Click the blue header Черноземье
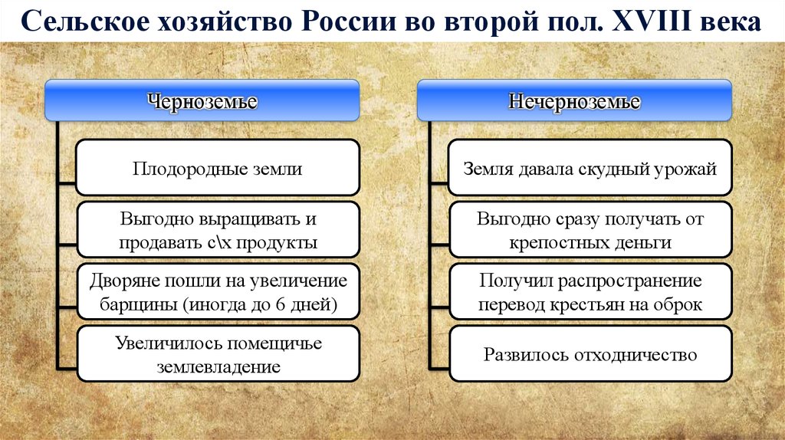click(202, 100)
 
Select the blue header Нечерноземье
click(574, 100)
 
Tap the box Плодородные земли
click(218, 168)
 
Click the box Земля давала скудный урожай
click(590, 168)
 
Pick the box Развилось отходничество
click(590, 354)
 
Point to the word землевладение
click(218, 366)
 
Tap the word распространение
click(630, 281)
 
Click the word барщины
click(137, 304)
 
